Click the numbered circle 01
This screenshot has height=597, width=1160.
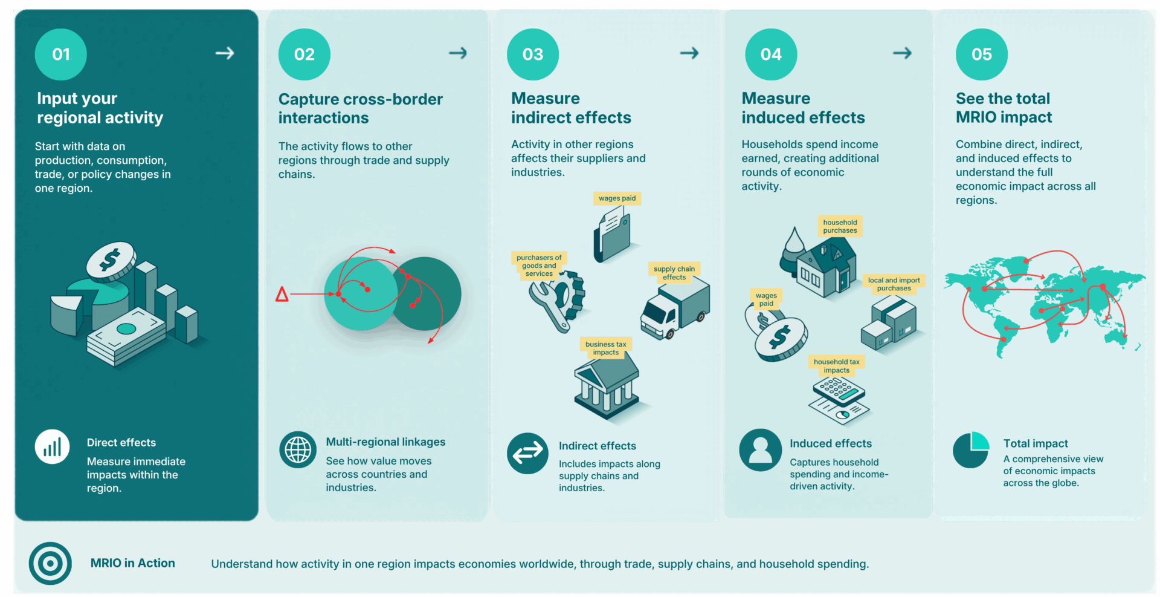pos(61,54)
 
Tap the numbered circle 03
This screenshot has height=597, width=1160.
pos(533,54)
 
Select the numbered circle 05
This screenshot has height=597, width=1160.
pos(982,54)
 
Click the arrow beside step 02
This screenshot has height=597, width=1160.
pos(458,53)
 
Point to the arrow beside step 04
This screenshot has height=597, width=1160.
pos(902,53)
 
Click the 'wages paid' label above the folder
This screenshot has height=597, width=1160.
pos(617,198)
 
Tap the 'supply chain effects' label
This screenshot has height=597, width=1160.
pos(674,273)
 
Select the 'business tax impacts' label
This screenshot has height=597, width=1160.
pos(605,348)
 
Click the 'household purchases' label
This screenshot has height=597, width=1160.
pos(840,226)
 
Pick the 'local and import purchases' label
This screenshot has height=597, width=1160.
pos(894,284)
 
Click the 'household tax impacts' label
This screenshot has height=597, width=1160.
pos(836,366)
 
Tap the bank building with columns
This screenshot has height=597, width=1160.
pos(607,385)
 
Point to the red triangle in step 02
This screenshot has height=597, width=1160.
pos(282,295)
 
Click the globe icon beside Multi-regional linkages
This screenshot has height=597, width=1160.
pos(298,450)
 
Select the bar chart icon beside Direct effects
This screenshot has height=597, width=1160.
pos(52,447)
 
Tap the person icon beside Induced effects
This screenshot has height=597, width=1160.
pos(760,450)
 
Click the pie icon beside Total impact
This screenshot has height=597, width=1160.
pos(971,450)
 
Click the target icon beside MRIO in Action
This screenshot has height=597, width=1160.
pos(50,563)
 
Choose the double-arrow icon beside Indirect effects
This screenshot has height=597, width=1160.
pos(527,453)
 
